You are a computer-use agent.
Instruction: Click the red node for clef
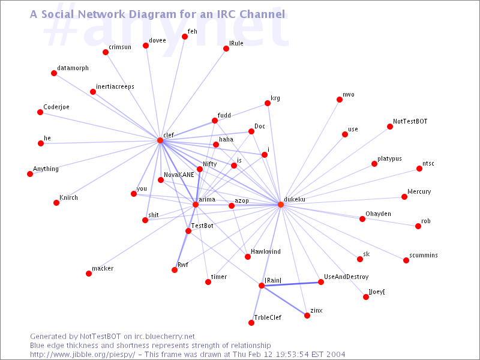click(160, 140)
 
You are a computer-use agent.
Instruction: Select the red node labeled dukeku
click(281, 205)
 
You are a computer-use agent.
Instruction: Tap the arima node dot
click(196, 205)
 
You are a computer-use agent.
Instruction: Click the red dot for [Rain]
click(262, 286)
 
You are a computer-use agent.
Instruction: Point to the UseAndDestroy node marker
click(320, 282)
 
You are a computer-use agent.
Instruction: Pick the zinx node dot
click(307, 316)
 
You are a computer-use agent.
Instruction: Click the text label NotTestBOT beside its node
click(410, 121)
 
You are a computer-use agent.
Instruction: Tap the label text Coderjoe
click(56, 107)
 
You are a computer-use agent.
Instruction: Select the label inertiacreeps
click(115, 86)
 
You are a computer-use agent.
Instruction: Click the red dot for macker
click(89, 274)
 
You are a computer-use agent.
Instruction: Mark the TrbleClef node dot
click(251, 323)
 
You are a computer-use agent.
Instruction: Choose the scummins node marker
click(406, 260)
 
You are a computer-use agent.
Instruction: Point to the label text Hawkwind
click(266, 252)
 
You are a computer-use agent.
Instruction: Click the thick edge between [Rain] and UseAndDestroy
click(291, 284)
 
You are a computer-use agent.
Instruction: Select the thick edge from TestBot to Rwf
click(182, 250)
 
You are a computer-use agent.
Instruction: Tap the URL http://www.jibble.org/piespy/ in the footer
click(83, 355)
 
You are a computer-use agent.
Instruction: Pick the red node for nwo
click(340, 100)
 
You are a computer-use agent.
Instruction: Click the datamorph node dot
click(54, 73)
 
